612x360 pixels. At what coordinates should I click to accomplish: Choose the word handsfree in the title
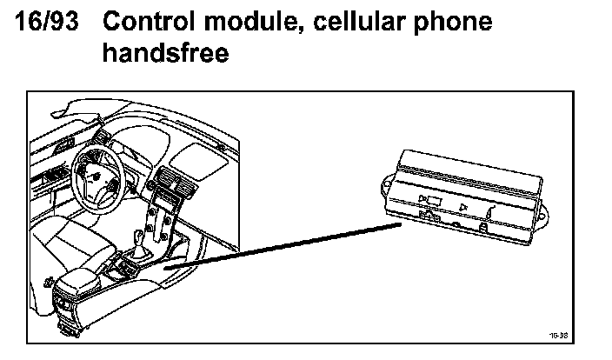[165, 54]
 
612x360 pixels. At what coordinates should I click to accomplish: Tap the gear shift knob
[138, 234]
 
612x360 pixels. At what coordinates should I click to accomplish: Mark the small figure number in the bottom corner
[558, 334]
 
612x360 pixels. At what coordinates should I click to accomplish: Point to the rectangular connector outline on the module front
[432, 202]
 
